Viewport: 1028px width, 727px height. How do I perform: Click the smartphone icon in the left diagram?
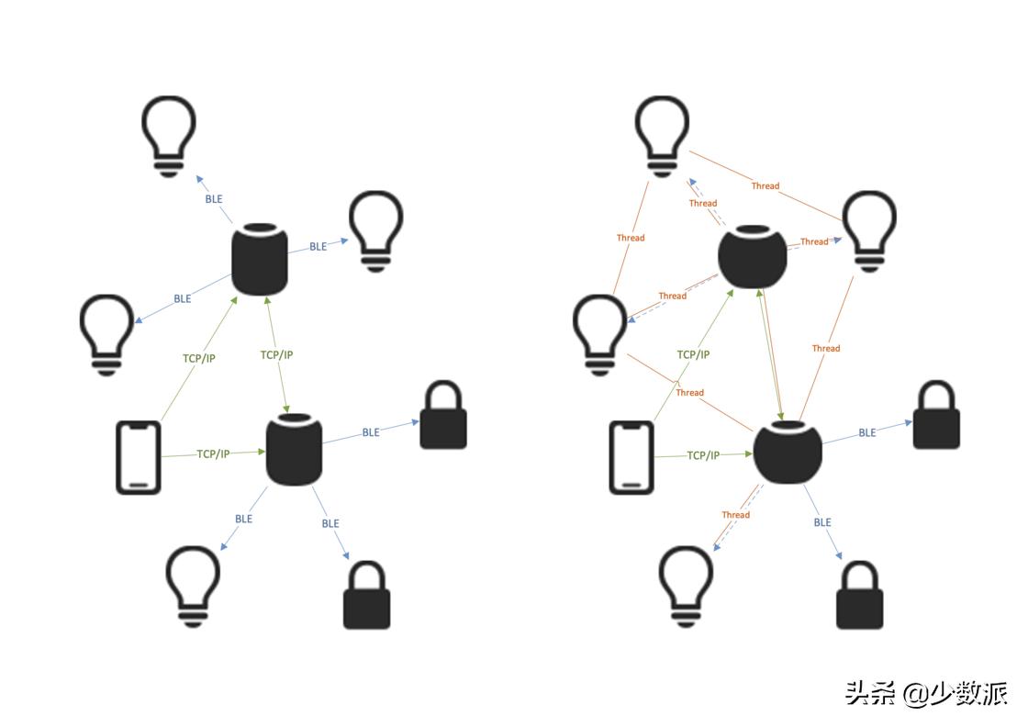coord(139,457)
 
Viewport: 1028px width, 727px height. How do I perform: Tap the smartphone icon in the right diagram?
coord(631,457)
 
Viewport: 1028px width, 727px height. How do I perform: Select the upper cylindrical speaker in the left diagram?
coord(260,259)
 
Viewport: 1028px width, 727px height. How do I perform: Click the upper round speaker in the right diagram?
coord(753,257)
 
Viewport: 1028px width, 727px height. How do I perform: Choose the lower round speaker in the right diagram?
coord(788,451)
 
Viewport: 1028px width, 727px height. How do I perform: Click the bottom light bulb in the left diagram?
coord(193,585)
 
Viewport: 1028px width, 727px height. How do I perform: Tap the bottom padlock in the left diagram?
coord(366,596)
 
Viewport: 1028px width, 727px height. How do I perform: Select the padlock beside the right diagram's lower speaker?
coord(936,417)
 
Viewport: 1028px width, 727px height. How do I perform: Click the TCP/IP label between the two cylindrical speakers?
coord(276,354)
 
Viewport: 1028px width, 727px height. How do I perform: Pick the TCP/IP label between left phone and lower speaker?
coord(213,453)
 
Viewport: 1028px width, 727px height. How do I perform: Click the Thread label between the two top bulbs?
coord(765,185)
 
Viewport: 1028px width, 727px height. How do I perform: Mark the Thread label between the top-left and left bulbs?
coord(631,238)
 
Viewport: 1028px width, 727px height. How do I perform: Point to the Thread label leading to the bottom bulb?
coord(735,515)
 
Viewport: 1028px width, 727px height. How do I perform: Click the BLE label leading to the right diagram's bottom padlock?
coord(822,522)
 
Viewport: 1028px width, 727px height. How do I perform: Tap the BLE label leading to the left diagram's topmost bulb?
coord(214,198)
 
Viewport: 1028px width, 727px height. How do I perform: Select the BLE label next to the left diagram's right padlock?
coord(371,432)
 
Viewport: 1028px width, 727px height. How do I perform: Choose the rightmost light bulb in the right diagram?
coord(867,230)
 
